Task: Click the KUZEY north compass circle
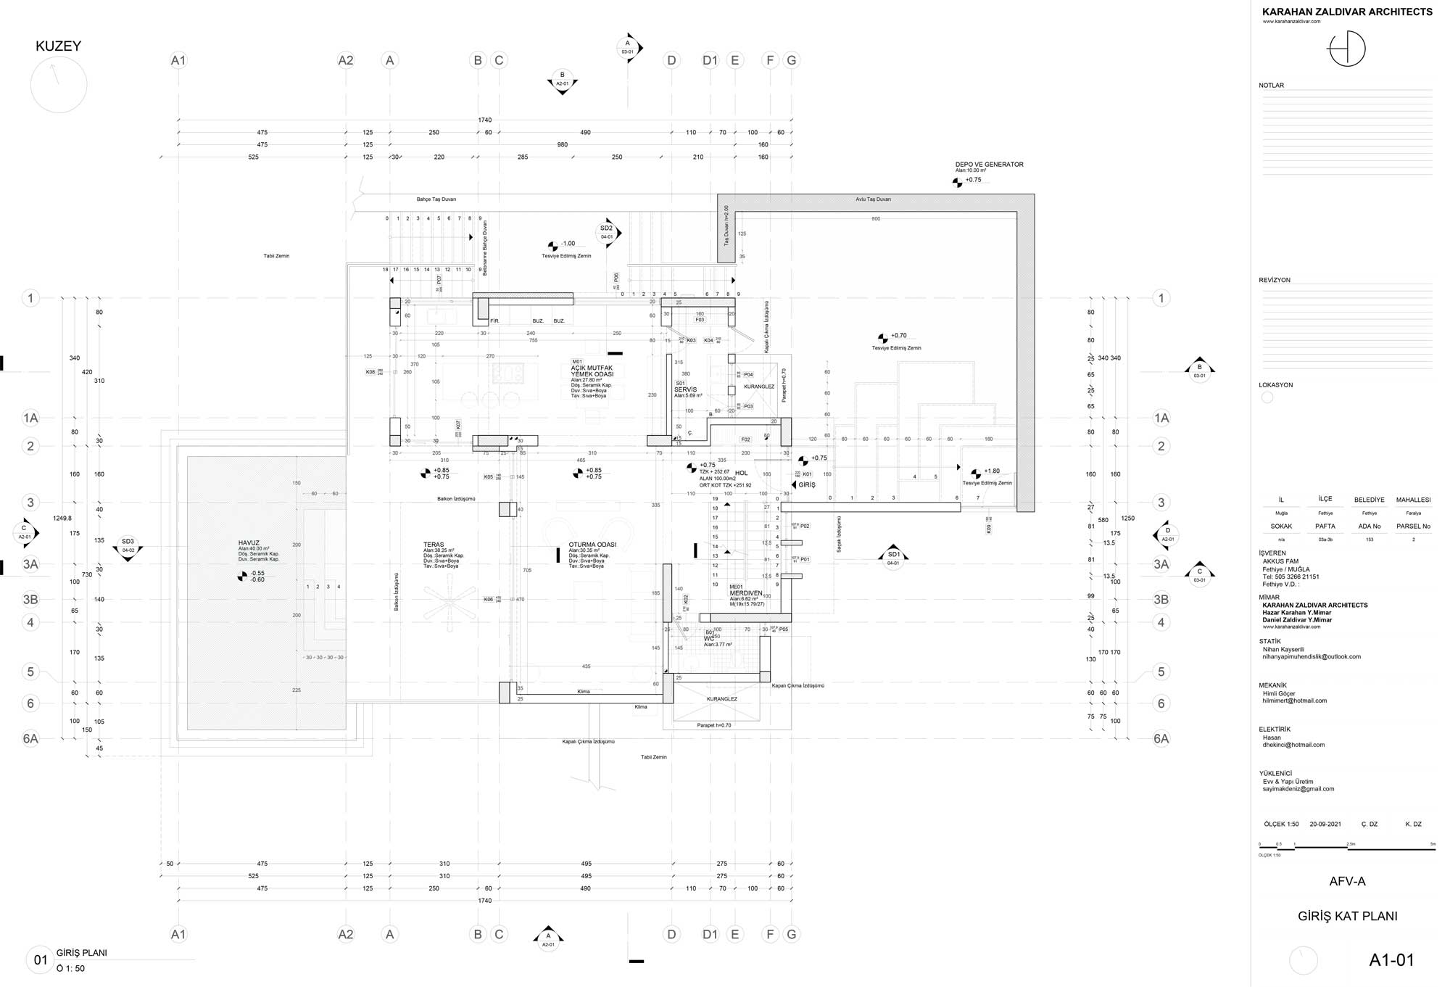pyautogui.click(x=59, y=85)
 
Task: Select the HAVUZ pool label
pyautogui.click(x=249, y=543)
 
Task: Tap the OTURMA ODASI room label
pyautogui.click(x=592, y=545)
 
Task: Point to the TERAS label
pyautogui.click(x=434, y=545)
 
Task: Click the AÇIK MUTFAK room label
pyautogui.click(x=592, y=368)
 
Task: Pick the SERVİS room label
pyautogui.click(x=685, y=389)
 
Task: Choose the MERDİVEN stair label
pyautogui.click(x=746, y=593)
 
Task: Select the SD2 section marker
pyautogui.click(x=607, y=232)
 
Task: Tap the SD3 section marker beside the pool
pyautogui.click(x=128, y=545)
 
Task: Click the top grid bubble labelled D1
pyautogui.click(x=710, y=61)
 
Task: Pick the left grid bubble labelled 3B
pyautogui.click(x=30, y=600)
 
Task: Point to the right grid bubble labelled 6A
pyautogui.click(x=1161, y=739)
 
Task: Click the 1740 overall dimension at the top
pyautogui.click(x=484, y=120)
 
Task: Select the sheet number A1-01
pyautogui.click(x=1391, y=960)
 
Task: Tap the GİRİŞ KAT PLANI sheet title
pyautogui.click(x=1347, y=916)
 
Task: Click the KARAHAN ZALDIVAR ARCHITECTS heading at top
pyautogui.click(x=1347, y=12)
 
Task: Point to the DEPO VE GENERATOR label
pyautogui.click(x=989, y=165)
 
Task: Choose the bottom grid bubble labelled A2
pyautogui.click(x=346, y=935)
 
